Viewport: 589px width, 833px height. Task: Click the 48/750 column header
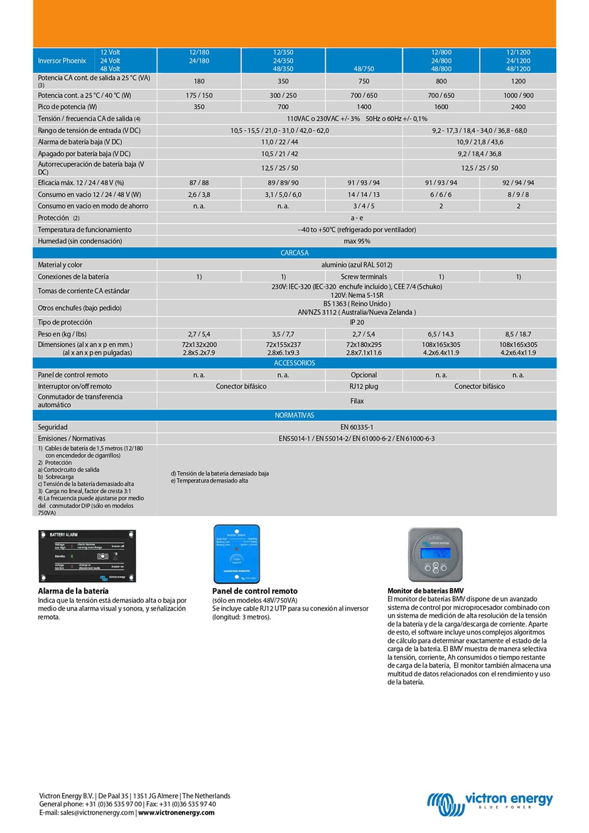[364, 69]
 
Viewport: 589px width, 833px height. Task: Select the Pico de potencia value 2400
[518, 107]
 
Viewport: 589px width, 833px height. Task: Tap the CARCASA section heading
[294, 253]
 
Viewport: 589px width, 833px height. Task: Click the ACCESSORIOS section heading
[294, 363]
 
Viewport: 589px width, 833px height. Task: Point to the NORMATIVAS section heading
[294, 416]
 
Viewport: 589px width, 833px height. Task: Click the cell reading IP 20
[357, 323]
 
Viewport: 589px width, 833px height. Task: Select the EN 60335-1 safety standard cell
[357, 427]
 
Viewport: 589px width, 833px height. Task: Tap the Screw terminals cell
[364, 277]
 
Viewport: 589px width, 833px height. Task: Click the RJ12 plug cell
[364, 387]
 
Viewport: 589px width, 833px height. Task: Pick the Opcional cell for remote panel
[364, 375]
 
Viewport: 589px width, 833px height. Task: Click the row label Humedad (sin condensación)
[80, 241]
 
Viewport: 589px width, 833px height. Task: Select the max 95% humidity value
[357, 241]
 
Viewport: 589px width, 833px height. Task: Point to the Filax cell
[357, 401]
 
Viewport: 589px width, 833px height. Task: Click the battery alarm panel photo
[87, 556]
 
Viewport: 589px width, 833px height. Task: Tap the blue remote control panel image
[236, 553]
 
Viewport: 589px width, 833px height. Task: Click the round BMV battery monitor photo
[436, 554]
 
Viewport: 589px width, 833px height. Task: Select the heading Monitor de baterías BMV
[425, 591]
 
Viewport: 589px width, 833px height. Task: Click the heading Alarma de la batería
[73, 591]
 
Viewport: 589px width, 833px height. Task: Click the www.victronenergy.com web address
[176, 813]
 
